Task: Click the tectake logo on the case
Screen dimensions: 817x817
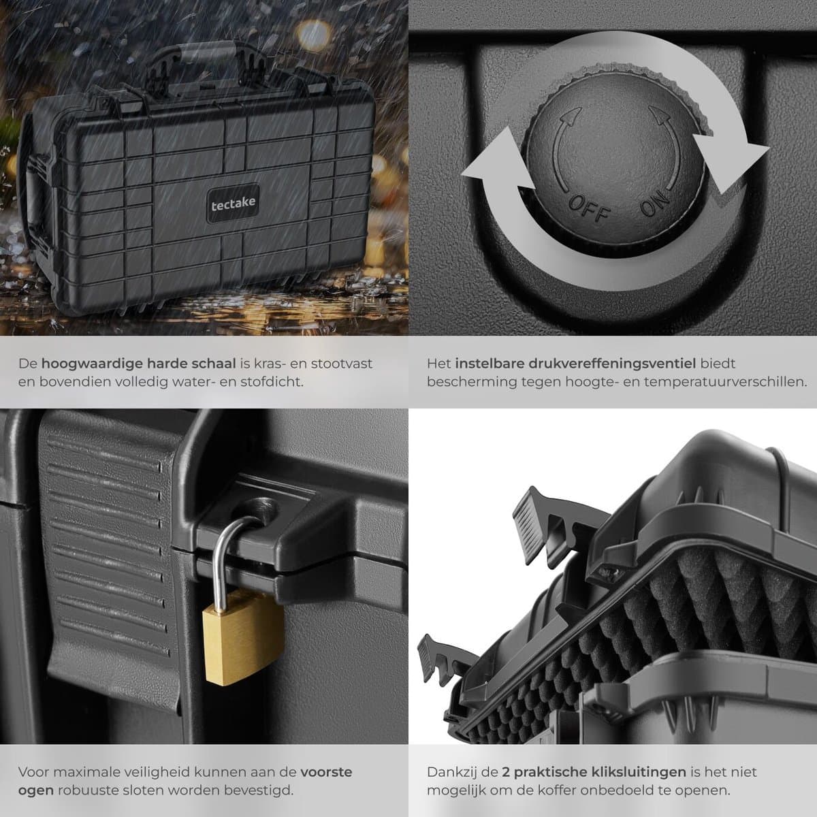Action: (x=234, y=204)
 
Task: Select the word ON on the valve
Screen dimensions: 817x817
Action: (x=656, y=203)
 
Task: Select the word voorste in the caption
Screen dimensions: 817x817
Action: (x=326, y=771)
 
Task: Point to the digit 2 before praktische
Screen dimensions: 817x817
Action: (x=506, y=772)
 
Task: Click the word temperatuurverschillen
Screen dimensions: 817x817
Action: (x=725, y=382)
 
